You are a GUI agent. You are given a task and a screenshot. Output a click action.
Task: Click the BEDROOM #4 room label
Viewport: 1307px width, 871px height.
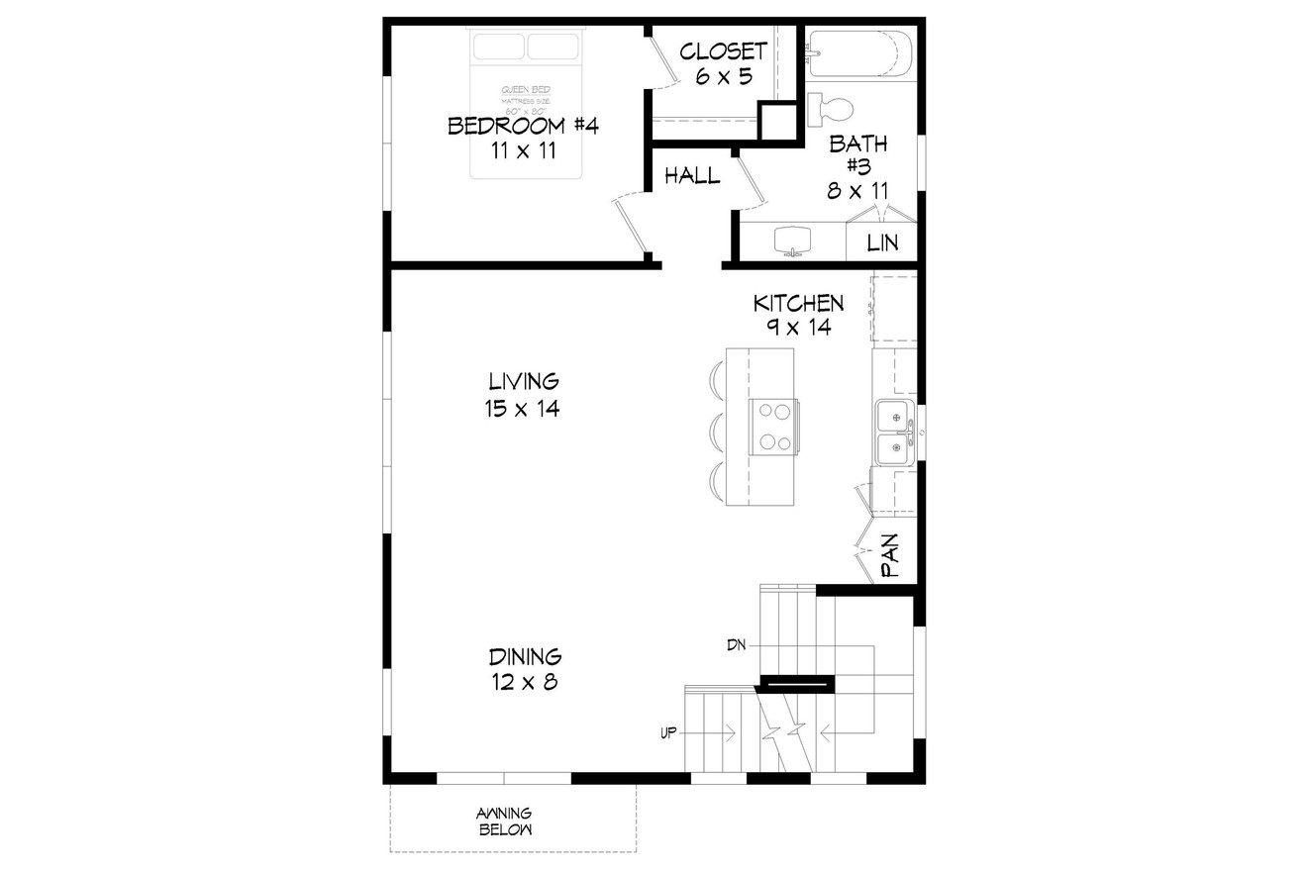(x=522, y=127)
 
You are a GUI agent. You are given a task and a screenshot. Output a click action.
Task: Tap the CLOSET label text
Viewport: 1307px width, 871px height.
(x=724, y=51)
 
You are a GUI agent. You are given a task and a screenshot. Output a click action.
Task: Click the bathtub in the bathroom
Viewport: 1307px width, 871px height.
(x=859, y=53)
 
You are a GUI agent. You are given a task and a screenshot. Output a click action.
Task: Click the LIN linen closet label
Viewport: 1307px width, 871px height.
(x=882, y=242)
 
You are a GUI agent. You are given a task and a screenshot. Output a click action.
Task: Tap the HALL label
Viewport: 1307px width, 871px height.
(x=692, y=176)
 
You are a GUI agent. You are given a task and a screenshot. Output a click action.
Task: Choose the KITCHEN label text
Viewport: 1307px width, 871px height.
(x=798, y=303)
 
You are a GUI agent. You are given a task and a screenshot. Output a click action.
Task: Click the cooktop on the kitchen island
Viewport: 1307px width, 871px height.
(x=772, y=427)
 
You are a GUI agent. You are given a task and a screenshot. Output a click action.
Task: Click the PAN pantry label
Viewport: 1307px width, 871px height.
(x=890, y=556)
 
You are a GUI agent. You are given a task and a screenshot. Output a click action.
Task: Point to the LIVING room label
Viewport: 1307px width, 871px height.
(x=523, y=381)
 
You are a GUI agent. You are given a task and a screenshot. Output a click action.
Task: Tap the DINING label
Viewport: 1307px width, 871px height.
(x=525, y=656)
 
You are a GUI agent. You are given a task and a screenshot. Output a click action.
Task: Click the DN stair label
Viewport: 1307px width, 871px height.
(x=736, y=645)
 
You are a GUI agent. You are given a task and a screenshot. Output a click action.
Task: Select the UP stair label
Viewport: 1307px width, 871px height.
(x=668, y=733)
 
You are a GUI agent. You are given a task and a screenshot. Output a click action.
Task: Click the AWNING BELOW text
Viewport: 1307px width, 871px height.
(x=505, y=821)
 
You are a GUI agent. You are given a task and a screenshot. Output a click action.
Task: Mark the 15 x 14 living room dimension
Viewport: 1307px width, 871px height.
(x=522, y=408)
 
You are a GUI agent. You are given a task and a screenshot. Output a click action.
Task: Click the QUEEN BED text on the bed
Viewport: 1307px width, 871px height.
(x=525, y=90)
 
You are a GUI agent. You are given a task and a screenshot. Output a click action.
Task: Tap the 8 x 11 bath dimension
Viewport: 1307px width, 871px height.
(x=857, y=190)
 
